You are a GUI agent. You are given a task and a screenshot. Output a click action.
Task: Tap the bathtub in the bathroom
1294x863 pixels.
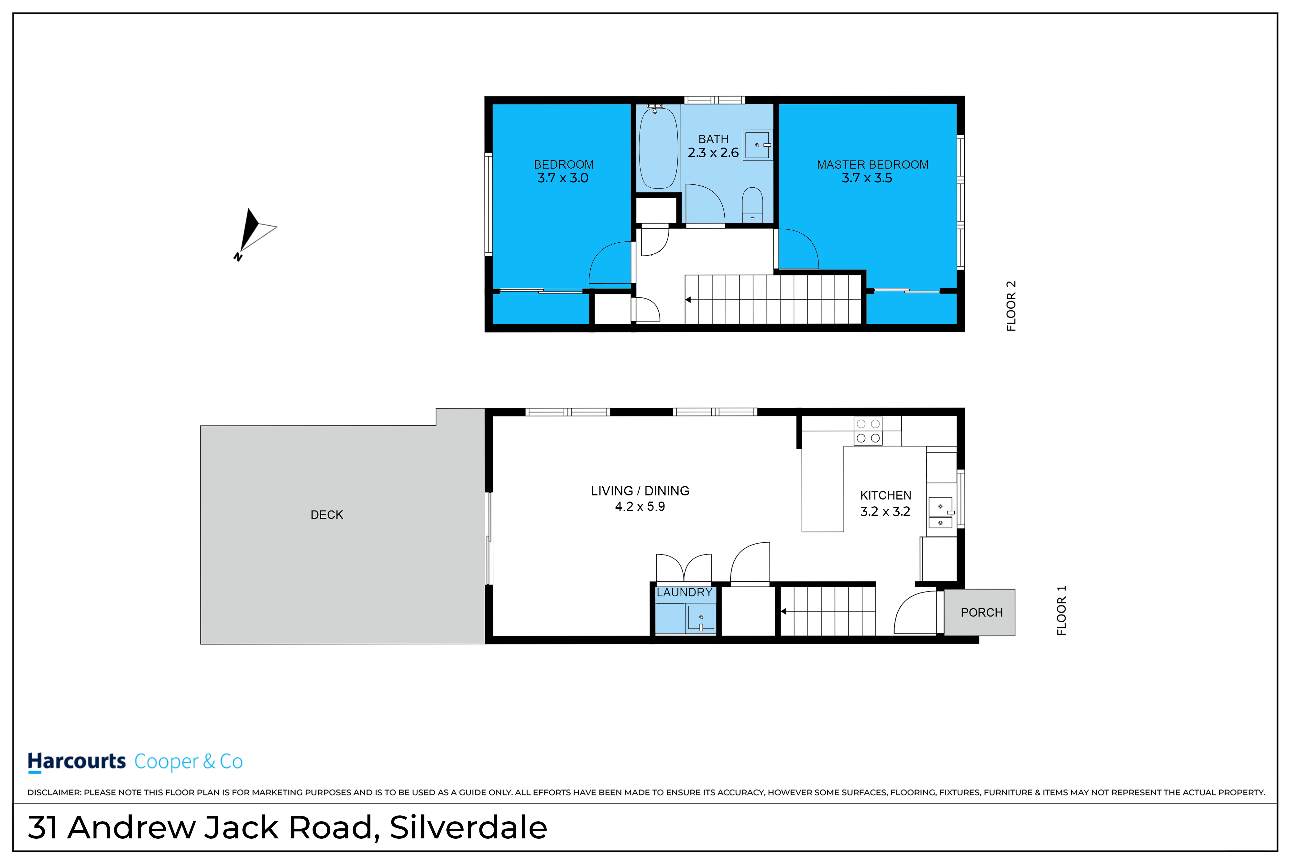[658, 148]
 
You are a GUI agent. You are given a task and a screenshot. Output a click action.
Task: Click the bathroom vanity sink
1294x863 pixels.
[758, 145]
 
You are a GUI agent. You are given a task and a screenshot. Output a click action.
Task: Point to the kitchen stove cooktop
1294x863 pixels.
[868, 431]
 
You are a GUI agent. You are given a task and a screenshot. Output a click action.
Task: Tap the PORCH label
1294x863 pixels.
[981, 613]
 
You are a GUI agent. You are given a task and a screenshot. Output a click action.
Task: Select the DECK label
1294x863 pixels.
[327, 514]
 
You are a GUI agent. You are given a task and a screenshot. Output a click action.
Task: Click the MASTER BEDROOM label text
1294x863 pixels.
[872, 165]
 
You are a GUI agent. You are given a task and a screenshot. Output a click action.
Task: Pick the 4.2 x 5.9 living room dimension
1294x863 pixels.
[640, 506]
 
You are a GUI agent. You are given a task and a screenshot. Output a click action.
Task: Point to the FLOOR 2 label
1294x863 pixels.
[1011, 306]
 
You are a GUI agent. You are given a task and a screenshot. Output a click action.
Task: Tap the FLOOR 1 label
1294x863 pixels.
[1062, 610]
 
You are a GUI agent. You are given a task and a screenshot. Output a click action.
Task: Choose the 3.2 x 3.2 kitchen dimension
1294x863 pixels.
[885, 511]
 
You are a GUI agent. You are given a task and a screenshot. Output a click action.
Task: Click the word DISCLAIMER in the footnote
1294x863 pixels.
[54, 792]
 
